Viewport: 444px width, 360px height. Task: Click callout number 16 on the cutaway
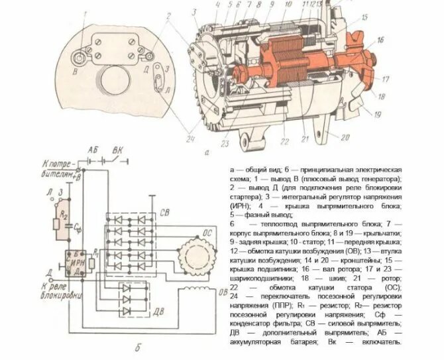click(380, 40)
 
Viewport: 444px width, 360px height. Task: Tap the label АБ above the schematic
click(93, 150)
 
